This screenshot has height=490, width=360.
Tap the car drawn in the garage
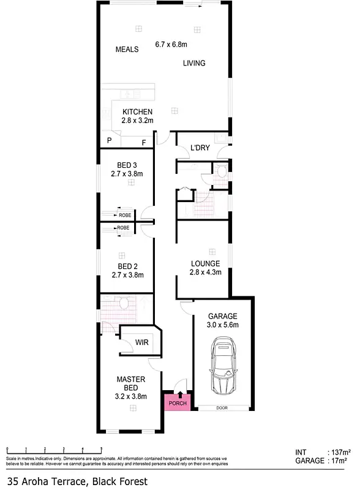point(222,367)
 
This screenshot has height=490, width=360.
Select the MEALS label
point(127,49)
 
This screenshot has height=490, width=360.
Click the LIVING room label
point(193,63)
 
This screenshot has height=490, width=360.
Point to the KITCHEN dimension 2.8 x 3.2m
point(137,121)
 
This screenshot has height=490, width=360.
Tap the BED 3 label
point(126,165)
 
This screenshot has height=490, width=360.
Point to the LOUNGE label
point(204,263)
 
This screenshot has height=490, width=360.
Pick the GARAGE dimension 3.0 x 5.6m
point(222,325)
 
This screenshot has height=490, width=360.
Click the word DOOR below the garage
point(222,407)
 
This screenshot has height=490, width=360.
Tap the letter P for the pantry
point(110,141)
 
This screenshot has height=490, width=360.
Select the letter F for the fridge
point(144,143)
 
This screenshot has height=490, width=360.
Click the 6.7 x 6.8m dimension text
point(171,44)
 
